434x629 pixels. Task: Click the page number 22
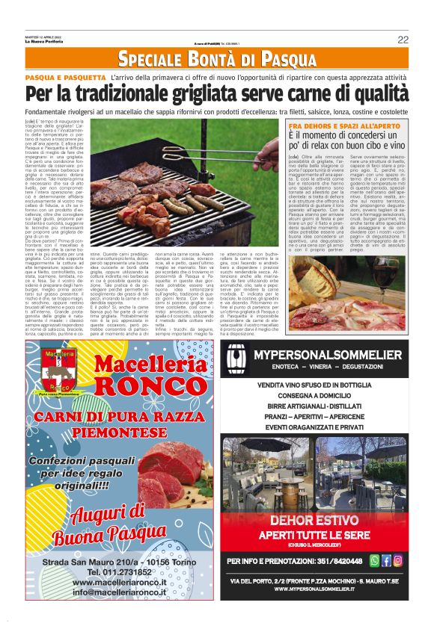point(402,40)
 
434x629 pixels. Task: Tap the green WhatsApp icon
point(375,560)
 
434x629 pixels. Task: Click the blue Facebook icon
point(386,560)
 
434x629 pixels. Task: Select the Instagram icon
point(397,560)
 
